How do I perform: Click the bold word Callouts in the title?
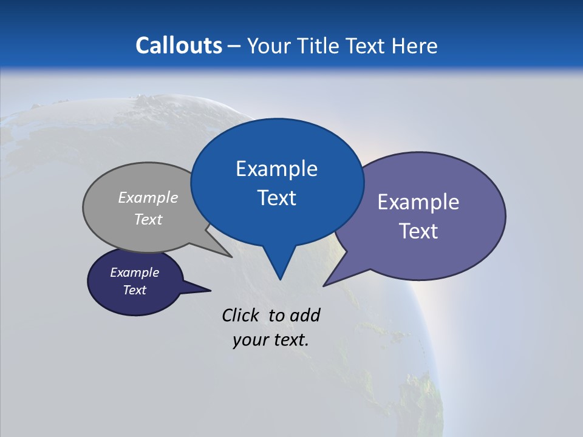179,46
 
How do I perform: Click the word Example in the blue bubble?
276,169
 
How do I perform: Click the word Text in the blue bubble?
276,198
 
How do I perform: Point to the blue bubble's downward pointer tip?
280,279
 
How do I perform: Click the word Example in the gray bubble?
148,198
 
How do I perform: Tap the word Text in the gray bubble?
148,220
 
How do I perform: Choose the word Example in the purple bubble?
418,202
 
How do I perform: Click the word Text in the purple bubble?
418,231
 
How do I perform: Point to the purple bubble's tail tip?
325,285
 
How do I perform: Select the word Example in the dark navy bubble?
135,273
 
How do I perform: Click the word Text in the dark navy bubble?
135,290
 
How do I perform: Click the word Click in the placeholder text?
242,315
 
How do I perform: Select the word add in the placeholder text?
305,315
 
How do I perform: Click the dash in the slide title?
234,46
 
